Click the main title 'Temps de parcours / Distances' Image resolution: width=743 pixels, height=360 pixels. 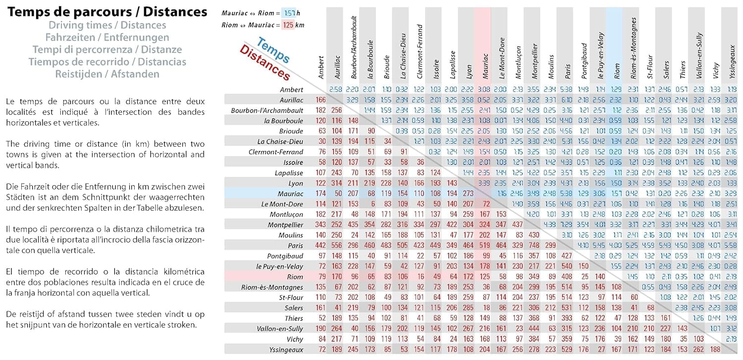coord(107,12)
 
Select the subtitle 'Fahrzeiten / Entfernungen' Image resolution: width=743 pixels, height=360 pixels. coord(107,37)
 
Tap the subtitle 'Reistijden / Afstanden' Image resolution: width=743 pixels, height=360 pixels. coord(107,74)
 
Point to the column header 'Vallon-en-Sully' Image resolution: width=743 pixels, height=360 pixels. coord(698,52)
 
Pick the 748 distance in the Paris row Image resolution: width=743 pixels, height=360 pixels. coord(534,245)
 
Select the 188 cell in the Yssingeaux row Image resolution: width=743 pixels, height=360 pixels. coord(715,349)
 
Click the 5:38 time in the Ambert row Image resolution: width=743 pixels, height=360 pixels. coord(567,90)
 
